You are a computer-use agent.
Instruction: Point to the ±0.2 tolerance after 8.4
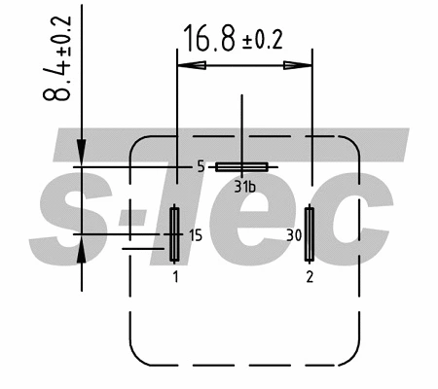[x=64, y=35]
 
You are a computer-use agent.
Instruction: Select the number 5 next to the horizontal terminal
[x=201, y=167]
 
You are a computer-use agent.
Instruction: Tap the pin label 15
[x=195, y=234]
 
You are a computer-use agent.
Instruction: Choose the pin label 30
[x=291, y=234]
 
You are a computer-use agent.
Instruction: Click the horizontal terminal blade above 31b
[x=241, y=167]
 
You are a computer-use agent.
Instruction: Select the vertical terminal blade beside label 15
[x=174, y=233]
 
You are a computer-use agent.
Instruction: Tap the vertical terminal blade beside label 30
[x=310, y=233]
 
